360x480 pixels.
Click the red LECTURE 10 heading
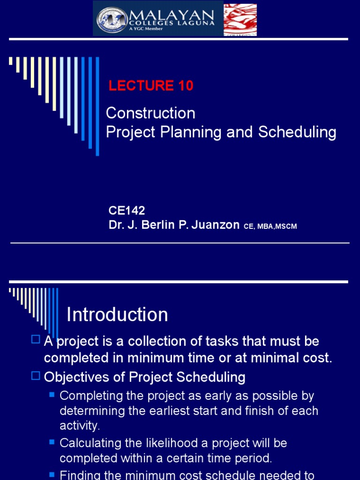pyautogui.click(x=151, y=86)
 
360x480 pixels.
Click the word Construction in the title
pyautogui.click(x=150, y=113)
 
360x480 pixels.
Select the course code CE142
pyautogui.click(x=127, y=211)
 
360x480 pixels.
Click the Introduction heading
pyautogui.click(x=117, y=315)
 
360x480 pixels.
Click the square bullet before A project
pyautogui.click(x=36, y=340)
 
